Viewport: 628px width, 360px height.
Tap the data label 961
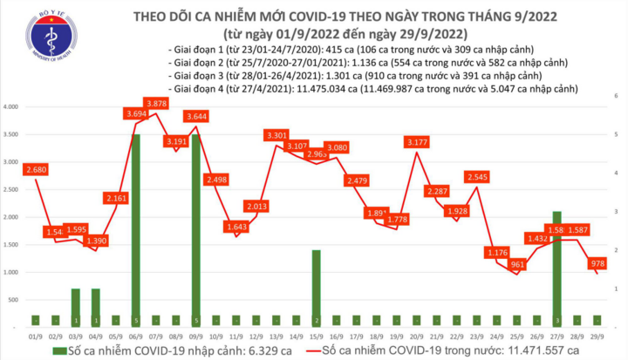click(x=517, y=264)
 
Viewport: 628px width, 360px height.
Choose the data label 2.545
click(x=476, y=177)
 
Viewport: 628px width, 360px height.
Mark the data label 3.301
click(x=276, y=135)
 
